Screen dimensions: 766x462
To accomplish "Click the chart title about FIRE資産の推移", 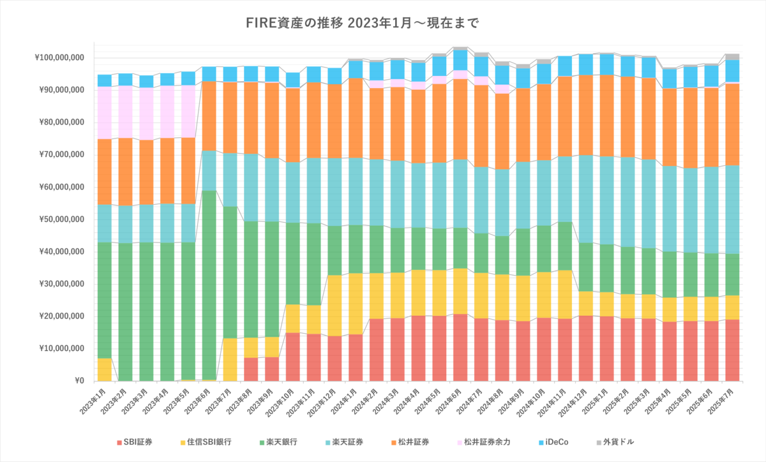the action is point(362,23).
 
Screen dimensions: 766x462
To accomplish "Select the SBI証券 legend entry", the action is point(135,442).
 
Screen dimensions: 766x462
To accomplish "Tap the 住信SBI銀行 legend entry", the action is point(206,442).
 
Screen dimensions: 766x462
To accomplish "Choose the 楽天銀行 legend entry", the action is point(278,442).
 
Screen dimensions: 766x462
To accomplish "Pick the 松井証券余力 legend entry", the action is point(484,442).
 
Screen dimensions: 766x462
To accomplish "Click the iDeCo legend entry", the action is point(553,442).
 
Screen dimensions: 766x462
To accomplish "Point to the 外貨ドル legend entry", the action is point(615,442).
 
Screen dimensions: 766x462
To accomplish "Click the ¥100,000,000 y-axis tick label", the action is point(59,57).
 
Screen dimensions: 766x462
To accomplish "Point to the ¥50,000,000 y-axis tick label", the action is point(61,220).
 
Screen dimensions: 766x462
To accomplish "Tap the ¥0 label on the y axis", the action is point(79,380).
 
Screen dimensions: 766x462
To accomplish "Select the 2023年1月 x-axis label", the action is point(93,401).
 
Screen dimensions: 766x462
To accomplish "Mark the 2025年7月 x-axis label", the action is point(721,401).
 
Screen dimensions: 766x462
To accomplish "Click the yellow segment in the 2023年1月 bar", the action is point(105,369).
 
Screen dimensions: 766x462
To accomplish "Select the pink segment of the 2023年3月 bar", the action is point(146,114).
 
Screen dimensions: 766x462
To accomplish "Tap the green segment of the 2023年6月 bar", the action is point(209,285).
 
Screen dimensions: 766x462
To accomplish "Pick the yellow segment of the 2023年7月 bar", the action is point(230,360).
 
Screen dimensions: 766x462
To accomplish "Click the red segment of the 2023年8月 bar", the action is point(251,369).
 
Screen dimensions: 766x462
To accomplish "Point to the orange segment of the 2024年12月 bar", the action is point(586,115).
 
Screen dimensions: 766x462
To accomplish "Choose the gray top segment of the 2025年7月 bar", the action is point(732,57).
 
